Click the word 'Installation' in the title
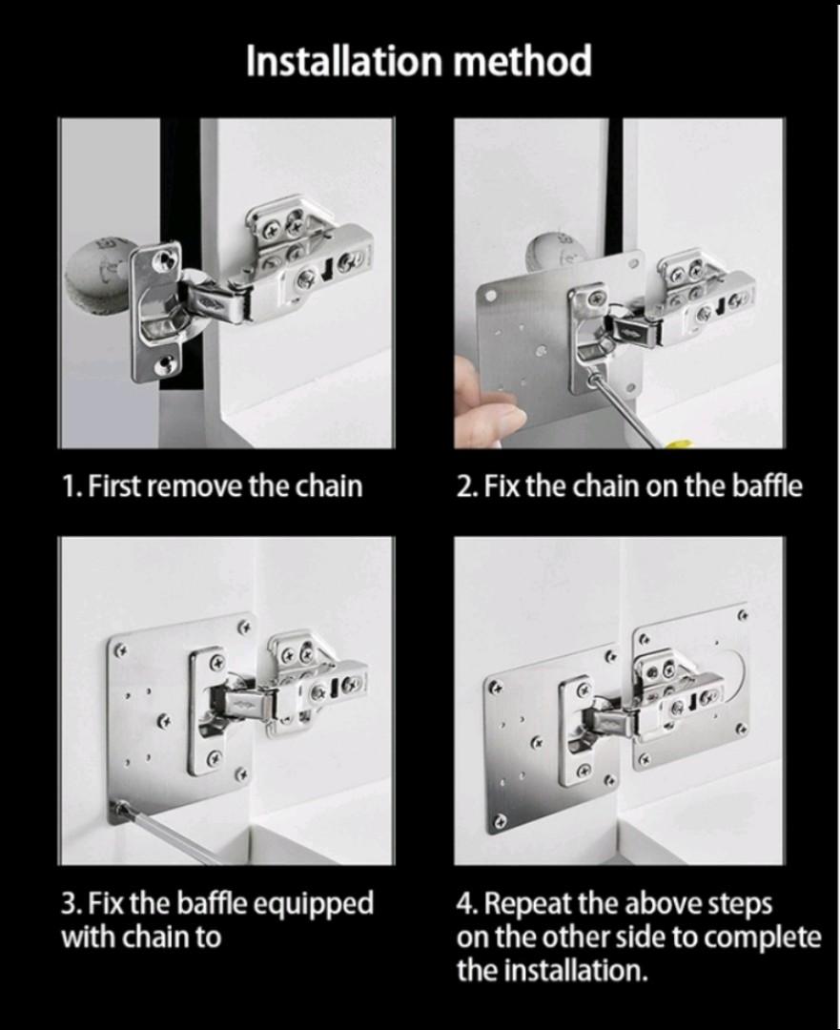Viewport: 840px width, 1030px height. [x=343, y=62]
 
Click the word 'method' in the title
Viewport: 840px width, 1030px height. [x=522, y=62]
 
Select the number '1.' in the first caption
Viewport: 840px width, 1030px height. [x=72, y=486]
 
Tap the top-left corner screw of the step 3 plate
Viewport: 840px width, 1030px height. [x=121, y=653]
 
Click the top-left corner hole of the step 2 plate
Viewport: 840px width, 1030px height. [x=489, y=297]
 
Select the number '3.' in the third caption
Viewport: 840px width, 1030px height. [x=72, y=903]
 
